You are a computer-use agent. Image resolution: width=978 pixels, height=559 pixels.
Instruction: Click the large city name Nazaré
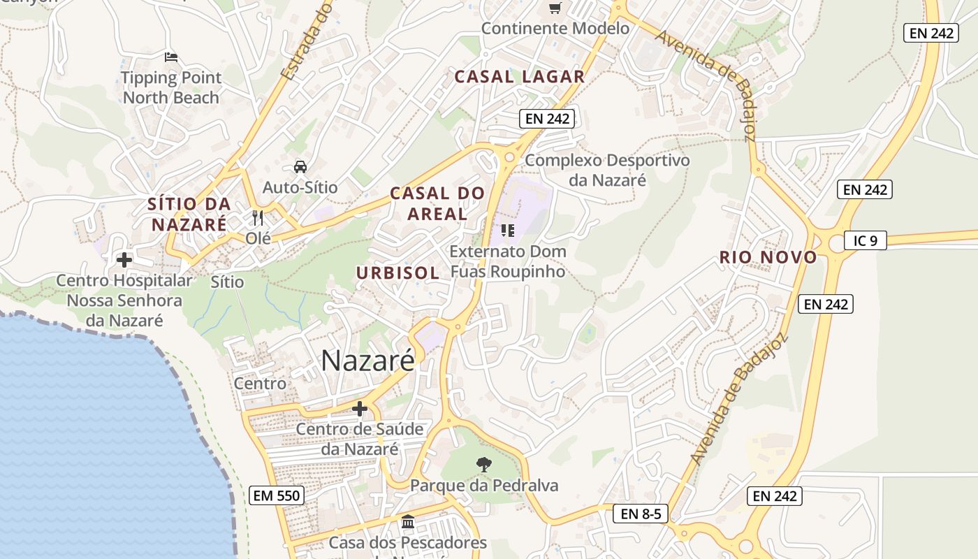[x=367, y=361]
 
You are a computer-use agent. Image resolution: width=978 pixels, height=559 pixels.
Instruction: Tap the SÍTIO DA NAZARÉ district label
[x=189, y=215]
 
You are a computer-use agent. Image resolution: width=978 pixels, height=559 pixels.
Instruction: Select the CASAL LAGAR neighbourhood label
[x=519, y=77]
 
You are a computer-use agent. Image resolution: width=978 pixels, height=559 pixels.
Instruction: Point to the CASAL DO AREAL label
[x=437, y=203]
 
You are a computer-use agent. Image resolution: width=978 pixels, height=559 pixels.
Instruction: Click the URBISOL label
[x=398, y=273]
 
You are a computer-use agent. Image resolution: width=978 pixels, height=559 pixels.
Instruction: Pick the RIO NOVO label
[x=768, y=257]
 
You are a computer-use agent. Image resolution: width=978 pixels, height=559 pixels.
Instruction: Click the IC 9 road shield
[x=865, y=241]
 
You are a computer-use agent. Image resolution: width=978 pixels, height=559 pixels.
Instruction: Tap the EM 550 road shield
[x=276, y=496]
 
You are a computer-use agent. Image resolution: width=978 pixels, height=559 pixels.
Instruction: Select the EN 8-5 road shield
[x=641, y=514]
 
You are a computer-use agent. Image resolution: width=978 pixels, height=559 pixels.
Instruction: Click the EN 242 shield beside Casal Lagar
[x=548, y=119]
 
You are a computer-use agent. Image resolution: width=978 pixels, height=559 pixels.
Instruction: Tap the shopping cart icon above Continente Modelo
[x=555, y=8]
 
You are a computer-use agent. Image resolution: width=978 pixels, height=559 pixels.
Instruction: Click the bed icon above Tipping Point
[x=171, y=57]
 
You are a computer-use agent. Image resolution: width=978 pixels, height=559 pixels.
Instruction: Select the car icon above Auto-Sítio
[x=300, y=167]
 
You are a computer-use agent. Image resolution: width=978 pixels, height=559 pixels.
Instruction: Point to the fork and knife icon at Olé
[x=258, y=218]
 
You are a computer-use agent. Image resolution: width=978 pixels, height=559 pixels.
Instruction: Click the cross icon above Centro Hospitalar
[x=124, y=260]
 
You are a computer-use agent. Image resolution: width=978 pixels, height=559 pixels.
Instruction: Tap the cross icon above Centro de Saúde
[x=360, y=409]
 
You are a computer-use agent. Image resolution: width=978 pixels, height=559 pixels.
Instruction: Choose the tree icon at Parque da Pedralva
[x=483, y=464]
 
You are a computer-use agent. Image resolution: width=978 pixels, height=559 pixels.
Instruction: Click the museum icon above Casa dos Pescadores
[x=408, y=522]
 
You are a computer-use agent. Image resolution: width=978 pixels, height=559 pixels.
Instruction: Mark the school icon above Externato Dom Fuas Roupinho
[x=508, y=230]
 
